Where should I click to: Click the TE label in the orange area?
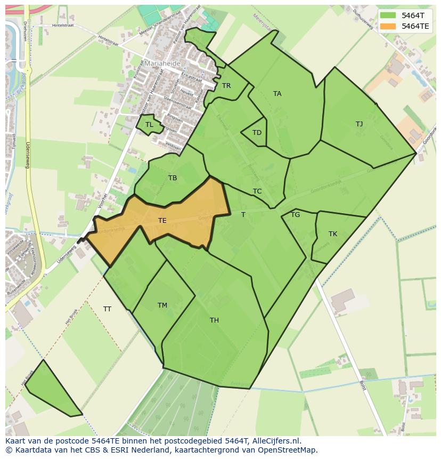pyautogui.click(x=162, y=220)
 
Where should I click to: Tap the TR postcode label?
pyautogui.click(x=226, y=86)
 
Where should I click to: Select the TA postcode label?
pyautogui.click(x=277, y=94)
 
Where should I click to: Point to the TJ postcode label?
pyautogui.click(x=359, y=124)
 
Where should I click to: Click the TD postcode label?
pyautogui.click(x=257, y=133)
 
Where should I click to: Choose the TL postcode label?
pyautogui.click(x=149, y=125)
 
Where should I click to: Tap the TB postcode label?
pyautogui.click(x=173, y=178)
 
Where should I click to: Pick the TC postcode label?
pyautogui.click(x=257, y=191)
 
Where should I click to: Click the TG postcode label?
pyautogui.click(x=295, y=215)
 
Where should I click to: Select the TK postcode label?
pyautogui.click(x=333, y=234)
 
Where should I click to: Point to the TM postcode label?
pyautogui.click(x=162, y=305)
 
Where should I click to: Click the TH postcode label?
pyautogui.click(x=214, y=320)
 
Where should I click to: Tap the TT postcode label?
pyautogui.click(x=107, y=309)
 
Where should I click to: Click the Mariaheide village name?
pyautogui.click(x=163, y=63)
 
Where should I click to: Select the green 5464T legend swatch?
pyautogui.click(x=388, y=15)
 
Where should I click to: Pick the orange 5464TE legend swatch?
pyautogui.click(x=388, y=26)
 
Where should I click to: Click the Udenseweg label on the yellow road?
pyautogui.click(x=27, y=155)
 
